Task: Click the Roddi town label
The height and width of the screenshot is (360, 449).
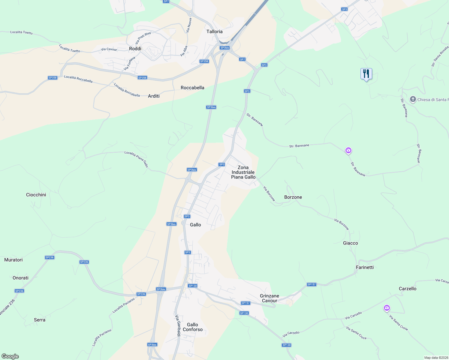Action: click(x=135, y=49)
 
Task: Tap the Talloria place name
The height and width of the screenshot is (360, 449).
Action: click(x=215, y=31)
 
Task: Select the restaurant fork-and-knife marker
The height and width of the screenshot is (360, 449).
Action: click(x=366, y=73)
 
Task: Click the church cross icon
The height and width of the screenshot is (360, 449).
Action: click(x=413, y=99)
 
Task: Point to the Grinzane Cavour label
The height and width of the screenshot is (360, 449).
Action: click(x=270, y=298)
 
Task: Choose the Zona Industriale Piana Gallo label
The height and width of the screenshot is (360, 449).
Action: click(x=243, y=172)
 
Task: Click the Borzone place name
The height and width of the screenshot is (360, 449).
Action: click(x=293, y=197)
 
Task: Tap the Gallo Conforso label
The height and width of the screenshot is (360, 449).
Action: click(x=193, y=327)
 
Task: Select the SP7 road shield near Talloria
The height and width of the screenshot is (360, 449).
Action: click(x=242, y=59)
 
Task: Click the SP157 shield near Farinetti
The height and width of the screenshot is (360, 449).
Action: click(x=312, y=284)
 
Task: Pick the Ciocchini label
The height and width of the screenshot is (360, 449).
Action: click(x=36, y=195)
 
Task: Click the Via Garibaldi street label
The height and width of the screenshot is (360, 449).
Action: click(x=177, y=325)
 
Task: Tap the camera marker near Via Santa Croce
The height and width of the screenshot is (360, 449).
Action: click(x=387, y=308)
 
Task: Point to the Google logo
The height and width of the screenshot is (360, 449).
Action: click(x=10, y=356)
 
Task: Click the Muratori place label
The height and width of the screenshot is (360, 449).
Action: click(x=14, y=260)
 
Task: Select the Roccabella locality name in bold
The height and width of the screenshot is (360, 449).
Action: click(x=192, y=88)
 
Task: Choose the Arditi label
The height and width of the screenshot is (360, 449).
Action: click(x=154, y=96)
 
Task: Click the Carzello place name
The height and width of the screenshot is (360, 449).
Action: click(x=408, y=289)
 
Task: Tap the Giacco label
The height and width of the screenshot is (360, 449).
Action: click(x=351, y=243)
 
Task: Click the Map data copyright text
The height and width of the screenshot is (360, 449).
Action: click(x=436, y=358)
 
